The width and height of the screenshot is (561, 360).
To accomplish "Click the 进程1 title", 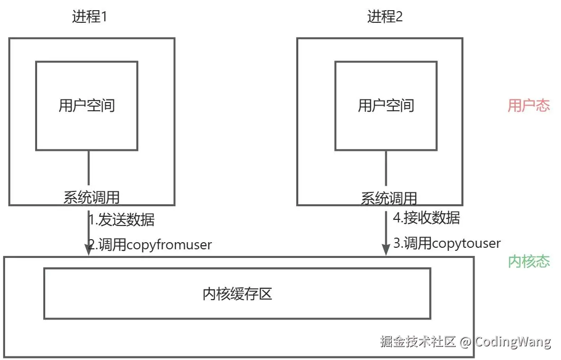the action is [x=89, y=17].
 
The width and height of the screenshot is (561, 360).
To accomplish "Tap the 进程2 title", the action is [x=385, y=17].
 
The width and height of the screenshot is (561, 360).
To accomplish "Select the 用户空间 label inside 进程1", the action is [x=87, y=106].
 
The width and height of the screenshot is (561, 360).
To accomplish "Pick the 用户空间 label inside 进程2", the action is [x=386, y=106].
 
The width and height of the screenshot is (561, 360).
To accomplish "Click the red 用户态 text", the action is [x=529, y=106].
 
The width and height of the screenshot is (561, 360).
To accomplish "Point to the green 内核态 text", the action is [x=529, y=261].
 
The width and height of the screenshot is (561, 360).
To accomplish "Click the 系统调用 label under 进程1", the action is [x=91, y=197].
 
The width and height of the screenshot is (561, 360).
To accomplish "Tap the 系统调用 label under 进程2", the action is [x=389, y=198].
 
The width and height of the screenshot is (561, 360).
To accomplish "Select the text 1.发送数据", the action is [x=121, y=220].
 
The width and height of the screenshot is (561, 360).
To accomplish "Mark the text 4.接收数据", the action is [x=427, y=218].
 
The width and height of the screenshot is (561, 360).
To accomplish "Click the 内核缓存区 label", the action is [x=237, y=293].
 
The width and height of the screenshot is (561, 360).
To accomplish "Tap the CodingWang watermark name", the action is [x=513, y=342].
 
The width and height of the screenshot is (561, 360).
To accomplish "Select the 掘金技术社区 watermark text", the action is [x=418, y=342].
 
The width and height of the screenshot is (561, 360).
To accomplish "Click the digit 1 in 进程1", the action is [x=104, y=17].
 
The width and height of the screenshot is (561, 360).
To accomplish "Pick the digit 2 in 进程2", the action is [x=399, y=17].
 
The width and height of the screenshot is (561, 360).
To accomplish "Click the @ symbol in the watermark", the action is [x=465, y=342].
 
